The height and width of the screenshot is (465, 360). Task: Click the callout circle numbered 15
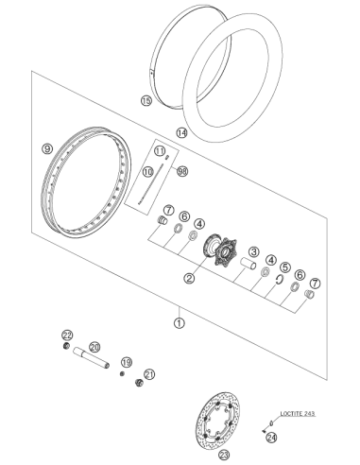(146, 101)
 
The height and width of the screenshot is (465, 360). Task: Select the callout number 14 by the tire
(181, 133)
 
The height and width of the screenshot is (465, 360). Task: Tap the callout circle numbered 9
(47, 148)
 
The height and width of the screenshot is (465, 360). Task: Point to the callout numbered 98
(182, 171)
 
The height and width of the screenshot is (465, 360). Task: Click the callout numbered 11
(160, 151)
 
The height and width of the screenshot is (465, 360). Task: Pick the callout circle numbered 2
(189, 278)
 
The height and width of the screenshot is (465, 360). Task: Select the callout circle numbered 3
(253, 251)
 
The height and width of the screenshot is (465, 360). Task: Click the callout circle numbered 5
(284, 267)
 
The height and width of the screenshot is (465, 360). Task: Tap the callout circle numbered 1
(180, 323)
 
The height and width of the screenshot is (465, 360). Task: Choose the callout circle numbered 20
(94, 347)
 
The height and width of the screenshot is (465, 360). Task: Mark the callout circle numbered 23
(224, 455)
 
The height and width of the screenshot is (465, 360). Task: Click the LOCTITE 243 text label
(298, 413)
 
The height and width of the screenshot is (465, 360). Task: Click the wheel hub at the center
(220, 250)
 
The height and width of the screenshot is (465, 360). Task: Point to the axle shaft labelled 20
(91, 357)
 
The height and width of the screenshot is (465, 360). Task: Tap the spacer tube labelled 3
(249, 264)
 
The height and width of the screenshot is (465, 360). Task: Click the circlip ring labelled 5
(279, 279)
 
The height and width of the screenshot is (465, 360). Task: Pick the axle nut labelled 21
(139, 383)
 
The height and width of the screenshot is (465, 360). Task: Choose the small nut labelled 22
(66, 346)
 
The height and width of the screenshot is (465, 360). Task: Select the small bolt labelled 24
(264, 431)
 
